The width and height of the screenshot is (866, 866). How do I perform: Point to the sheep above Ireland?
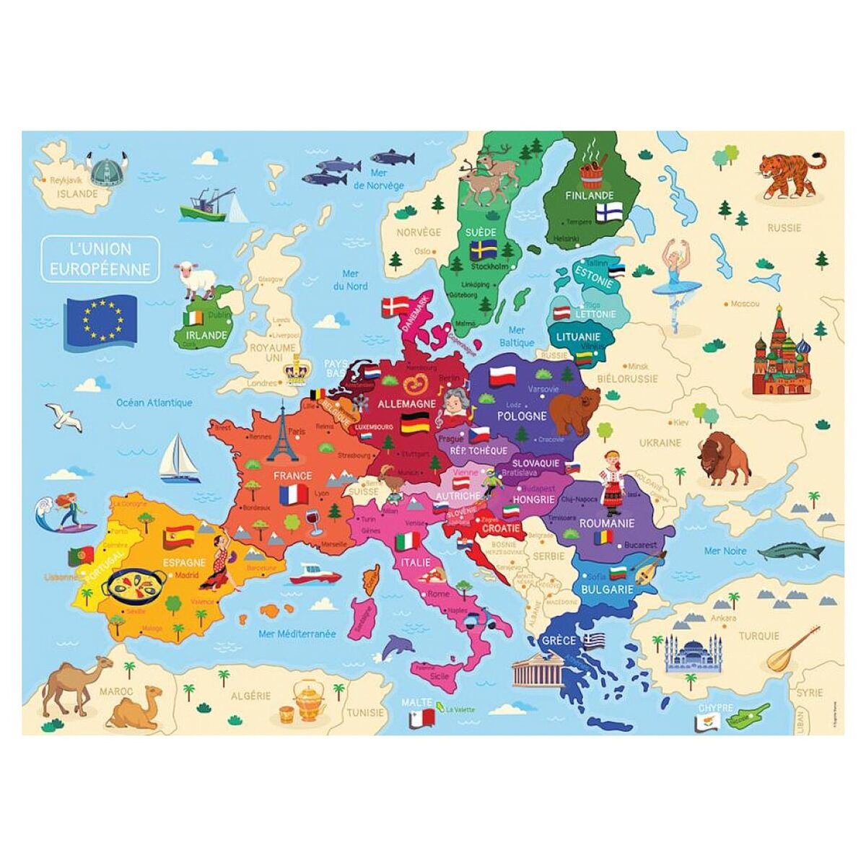pyautogui.click(x=196, y=278)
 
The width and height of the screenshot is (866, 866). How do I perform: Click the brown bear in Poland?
pyautogui.click(x=574, y=408)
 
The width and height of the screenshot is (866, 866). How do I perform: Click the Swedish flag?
pyautogui.click(x=481, y=250)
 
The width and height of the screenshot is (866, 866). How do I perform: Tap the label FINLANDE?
pyautogui.click(x=590, y=195)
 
